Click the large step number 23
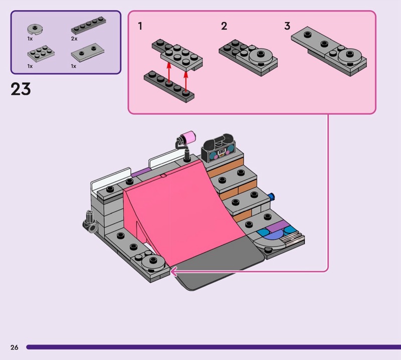click(x=21, y=89)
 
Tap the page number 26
click(x=14, y=347)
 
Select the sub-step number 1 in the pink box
click(x=140, y=26)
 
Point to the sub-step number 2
click(x=224, y=26)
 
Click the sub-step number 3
click(x=287, y=26)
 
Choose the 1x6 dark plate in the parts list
click(x=89, y=28)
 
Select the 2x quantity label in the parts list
click(x=74, y=39)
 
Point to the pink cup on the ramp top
click(x=188, y=136)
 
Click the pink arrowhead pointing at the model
click(x=173, y=271)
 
